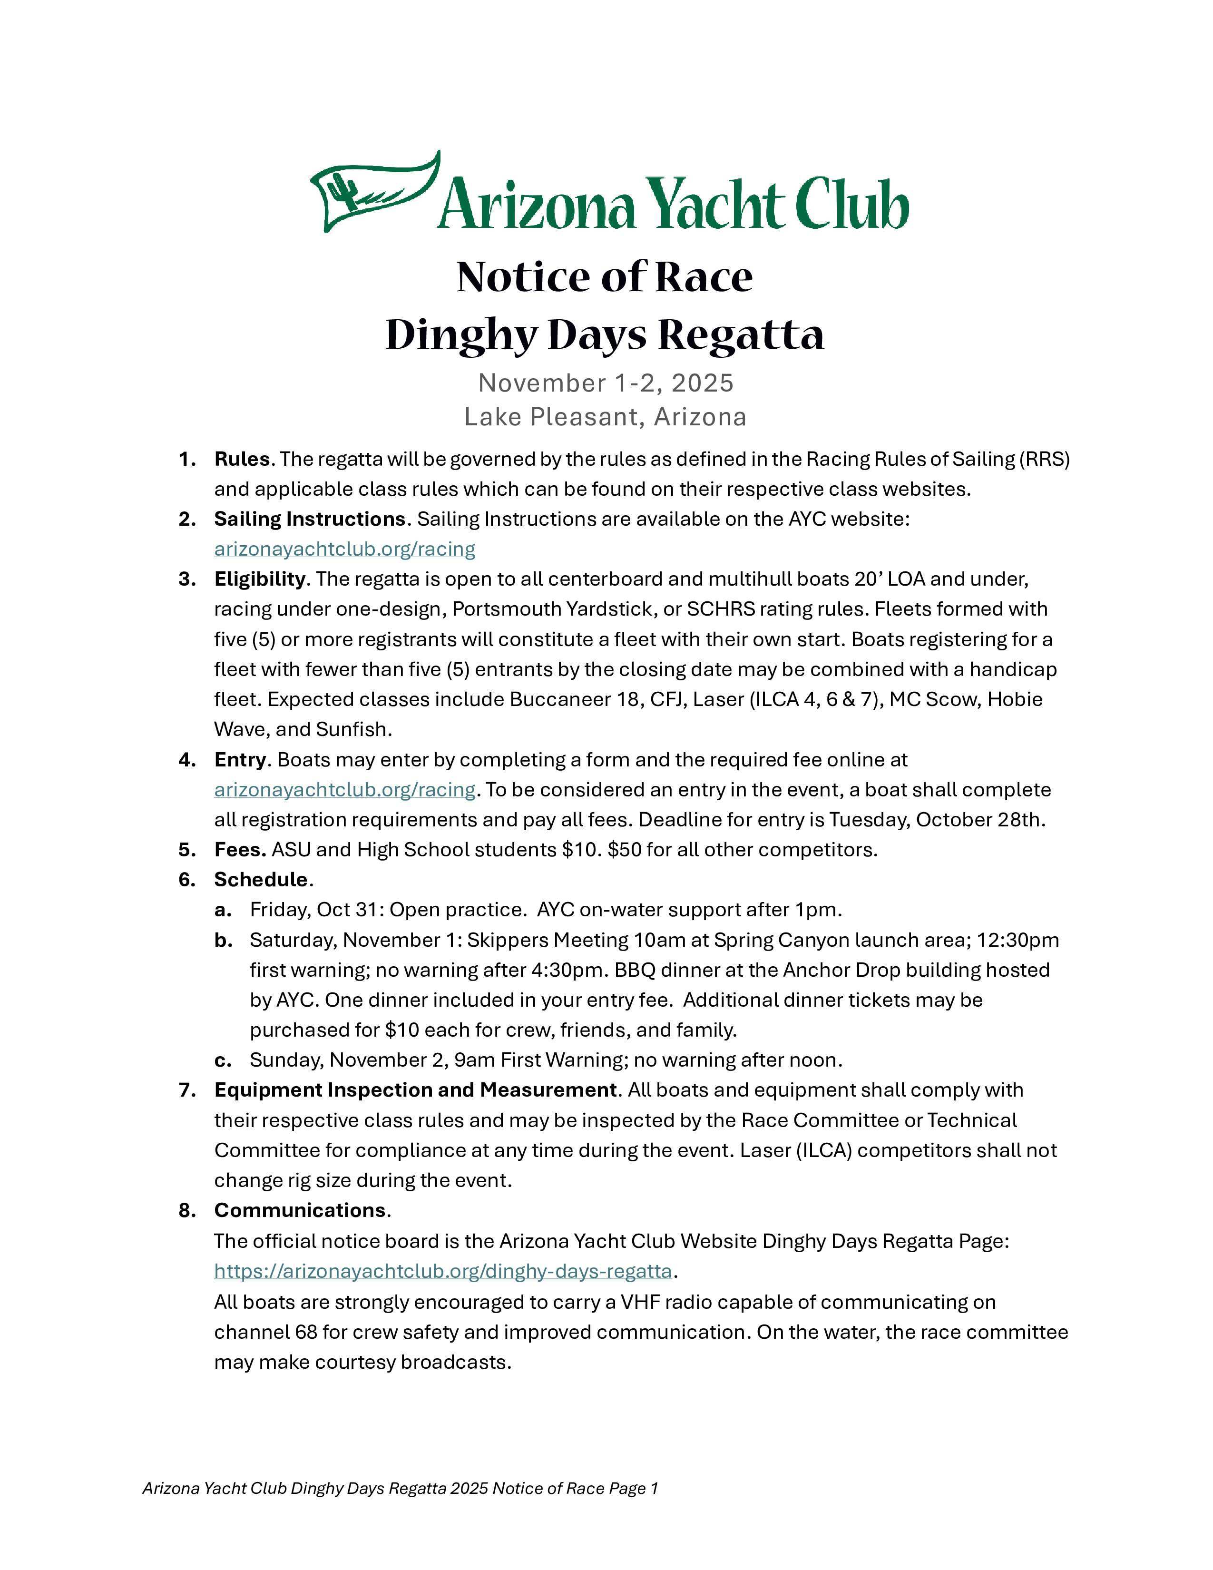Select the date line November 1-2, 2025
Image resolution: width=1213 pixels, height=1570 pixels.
click(x=606, y=383)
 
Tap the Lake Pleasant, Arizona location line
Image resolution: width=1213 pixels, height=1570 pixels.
click(x=605, y=417)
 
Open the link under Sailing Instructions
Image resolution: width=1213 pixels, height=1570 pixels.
click(x=344, y=549)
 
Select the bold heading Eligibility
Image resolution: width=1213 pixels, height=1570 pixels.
click(x=259, y=579)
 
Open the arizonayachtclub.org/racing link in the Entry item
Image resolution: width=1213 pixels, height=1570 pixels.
click(x=344, y=790)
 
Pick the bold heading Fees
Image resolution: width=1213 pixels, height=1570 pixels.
click(x=240, y=850)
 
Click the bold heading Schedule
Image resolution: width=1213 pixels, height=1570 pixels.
click(x=261, y=880)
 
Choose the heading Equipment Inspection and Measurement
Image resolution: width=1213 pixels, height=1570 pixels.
click(x=415, y=1090)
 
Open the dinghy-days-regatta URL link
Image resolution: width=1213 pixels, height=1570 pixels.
click(x=443, y=1271)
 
